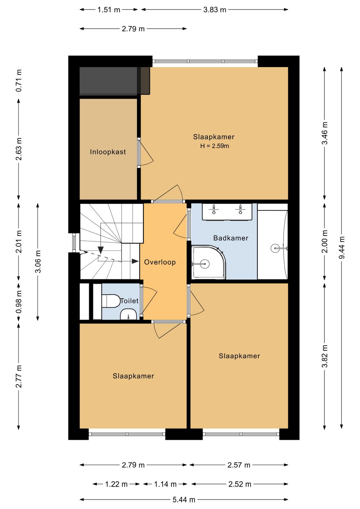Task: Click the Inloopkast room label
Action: pos(108,152)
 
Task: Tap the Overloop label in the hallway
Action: pos(160,262)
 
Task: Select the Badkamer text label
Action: pos(231,238)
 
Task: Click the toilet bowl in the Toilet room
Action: pos(111,301)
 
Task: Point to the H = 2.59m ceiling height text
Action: pos(215,146)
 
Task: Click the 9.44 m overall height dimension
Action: pos(342,247)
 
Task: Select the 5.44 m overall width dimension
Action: pos(184,500)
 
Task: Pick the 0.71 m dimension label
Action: pos(19,80)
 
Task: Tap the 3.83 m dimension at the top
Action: pos(215,10)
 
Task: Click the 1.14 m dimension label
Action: pos(165,484)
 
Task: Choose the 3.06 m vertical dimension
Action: pos(38,261)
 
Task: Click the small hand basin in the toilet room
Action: pos(128,315)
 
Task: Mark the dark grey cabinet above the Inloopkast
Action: pos(115,81)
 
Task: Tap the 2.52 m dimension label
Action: pos(240,484)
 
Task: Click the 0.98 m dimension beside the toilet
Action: pos(19,302)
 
